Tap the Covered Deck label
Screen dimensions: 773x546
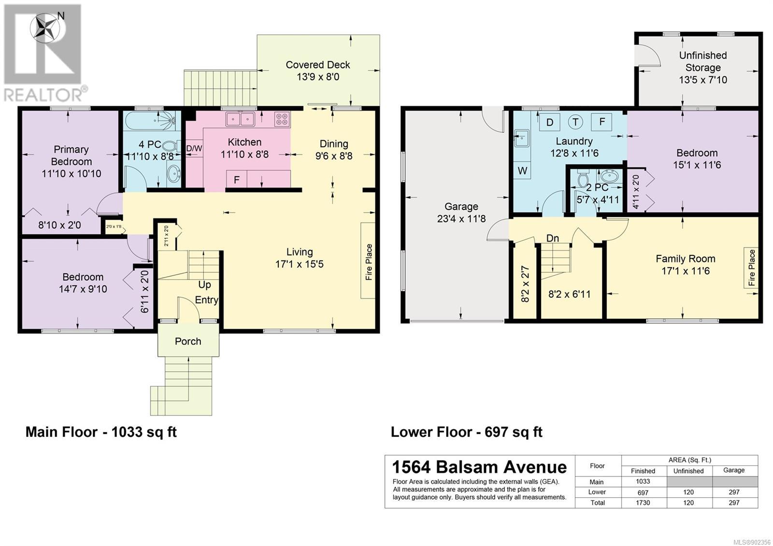point(318,65)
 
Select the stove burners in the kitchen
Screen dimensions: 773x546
point(282,119)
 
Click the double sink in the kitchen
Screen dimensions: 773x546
point(240,119)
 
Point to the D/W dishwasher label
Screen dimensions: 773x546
point(194,149)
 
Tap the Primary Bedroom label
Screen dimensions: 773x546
point(72,155)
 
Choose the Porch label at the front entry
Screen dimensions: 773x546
point(188,341)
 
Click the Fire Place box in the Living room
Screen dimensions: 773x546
point(368,260)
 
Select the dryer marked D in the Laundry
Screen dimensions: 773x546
point(550,122)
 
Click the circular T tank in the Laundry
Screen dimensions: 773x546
point(575,122)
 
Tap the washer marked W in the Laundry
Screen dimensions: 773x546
point(522,170)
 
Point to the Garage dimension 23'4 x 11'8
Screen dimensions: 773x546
point(461,219)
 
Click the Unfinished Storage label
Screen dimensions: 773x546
point(703,61)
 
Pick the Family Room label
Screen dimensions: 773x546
point(686,259)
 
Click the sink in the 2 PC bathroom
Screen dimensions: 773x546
point(610,176)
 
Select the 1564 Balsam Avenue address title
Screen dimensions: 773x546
point(479,467)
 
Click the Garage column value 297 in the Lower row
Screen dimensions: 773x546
point(734,492)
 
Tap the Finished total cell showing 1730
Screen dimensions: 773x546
point(643,503)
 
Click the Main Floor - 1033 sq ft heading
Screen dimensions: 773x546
point(101,432)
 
